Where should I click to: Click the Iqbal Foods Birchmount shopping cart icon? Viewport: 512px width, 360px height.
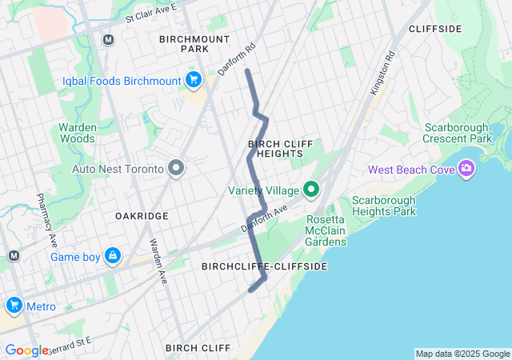(193, 79)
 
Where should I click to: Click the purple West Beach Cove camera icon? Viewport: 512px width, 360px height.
(466, 169)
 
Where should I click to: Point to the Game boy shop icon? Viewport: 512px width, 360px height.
(113, 256)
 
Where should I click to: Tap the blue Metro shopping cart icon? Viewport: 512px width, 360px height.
(14, 306)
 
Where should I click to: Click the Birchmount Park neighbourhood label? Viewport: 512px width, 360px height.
(194, 44)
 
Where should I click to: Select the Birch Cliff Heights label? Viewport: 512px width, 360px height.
(275, 149)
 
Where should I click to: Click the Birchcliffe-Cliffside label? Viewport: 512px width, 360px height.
(264, 266)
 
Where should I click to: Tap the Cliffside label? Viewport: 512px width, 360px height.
(435, 29)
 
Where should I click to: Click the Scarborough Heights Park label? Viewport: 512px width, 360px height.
(384, 206)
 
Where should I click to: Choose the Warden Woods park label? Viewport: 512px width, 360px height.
(78, 133)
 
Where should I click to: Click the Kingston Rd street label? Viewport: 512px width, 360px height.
(383, 74)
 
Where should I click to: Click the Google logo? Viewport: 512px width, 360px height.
(26, 350)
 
